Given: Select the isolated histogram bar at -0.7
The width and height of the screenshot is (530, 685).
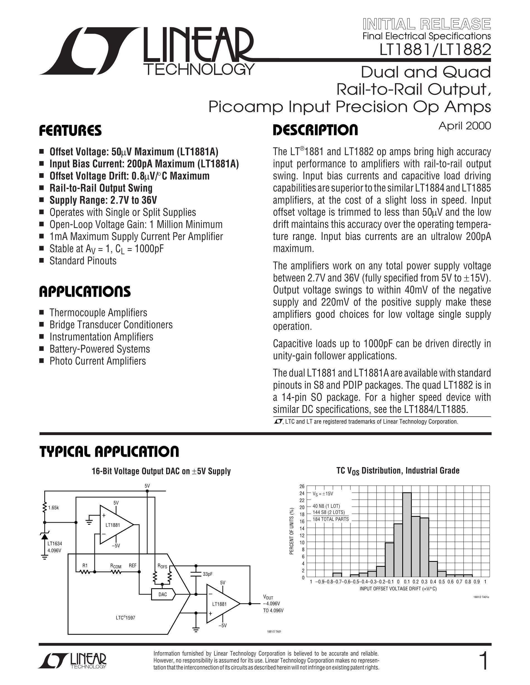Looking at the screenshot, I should [337, 575].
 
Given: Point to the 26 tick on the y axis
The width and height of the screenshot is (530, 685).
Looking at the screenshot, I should [302, 487].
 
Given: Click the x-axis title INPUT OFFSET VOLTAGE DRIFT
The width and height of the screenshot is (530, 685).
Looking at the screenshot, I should [398, 589].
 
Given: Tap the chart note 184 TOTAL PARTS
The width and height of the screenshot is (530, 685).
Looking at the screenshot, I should [331, 519].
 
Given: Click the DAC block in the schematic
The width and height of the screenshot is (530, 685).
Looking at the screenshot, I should [163, 594].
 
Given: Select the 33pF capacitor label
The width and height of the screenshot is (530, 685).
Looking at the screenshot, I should [208, 574].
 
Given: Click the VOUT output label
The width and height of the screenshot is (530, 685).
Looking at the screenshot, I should [268, 597].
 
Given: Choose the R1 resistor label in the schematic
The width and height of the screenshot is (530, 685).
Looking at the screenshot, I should [85, 565].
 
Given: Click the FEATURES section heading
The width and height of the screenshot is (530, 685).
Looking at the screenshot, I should [70, 130].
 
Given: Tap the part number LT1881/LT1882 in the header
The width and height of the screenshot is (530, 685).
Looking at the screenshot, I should [435, 49].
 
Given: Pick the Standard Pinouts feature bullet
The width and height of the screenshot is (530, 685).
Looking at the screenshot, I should [83, 261].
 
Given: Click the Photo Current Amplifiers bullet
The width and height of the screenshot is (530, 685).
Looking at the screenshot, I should [98, 361].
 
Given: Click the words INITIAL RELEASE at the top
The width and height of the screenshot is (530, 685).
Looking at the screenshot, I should [427, 24].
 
